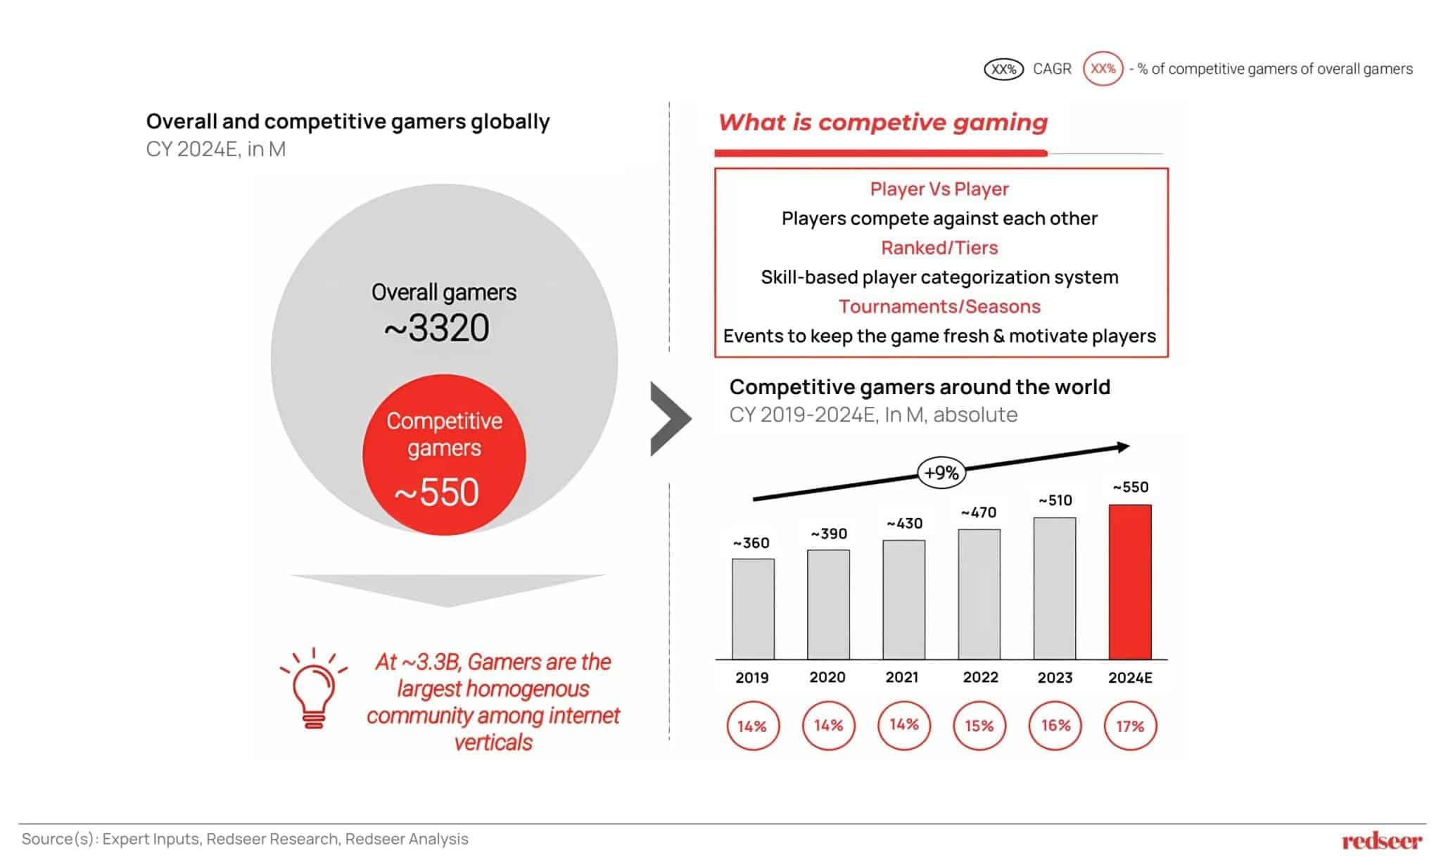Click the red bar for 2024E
point(1129,581)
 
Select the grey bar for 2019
point(752,609)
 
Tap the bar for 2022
point(979,594)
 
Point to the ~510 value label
point(1055,500)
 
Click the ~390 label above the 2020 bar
point(829,534)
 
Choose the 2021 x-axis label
point(902,677)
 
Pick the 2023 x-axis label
point(1055,677)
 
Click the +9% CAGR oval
point(941,472)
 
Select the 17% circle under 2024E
point(1130,726)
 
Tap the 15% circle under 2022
point(979,726)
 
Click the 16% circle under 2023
point(1055,726)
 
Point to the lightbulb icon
point(314,688)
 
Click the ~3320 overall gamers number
point(437,328)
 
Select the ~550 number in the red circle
point(437,492)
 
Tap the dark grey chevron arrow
point(670,419)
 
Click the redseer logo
point(1382,840)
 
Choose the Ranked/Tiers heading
point(939,248)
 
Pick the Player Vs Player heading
point(939,189)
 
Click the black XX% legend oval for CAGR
point(1003,69)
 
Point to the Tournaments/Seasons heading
point(939,307)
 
